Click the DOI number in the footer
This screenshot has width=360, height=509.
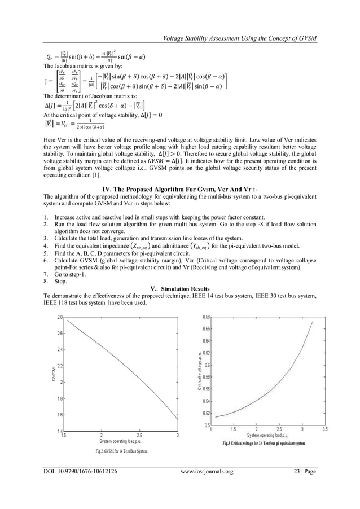pyautogui.click(x=81, y=486)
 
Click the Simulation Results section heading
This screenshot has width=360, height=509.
pyautogui.click(x=179, y=288)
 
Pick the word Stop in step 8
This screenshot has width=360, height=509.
pyautogui.click(x=60, y=280)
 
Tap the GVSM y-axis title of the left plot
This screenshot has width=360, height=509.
pyautogui.click(x=50, y=374)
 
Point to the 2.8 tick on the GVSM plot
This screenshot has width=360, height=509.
pyautogui.click(x=59, y=317)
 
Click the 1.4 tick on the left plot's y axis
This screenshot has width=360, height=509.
pyautogui.click(x=59, y=432)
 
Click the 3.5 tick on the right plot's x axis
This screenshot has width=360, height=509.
pyautogui.click(x=324, y=429)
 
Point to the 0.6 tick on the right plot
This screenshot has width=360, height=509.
pyautogui.click(x=207, y=365)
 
